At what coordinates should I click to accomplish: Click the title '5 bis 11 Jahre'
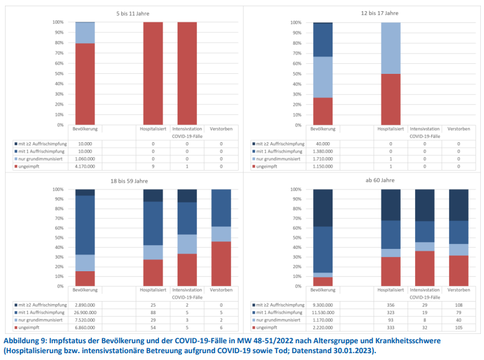coord(132,12)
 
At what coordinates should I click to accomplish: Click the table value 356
coord(391,305)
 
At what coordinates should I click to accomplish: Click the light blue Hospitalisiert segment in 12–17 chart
coord(391,48)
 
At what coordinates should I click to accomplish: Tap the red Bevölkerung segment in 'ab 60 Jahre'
coord(323,281)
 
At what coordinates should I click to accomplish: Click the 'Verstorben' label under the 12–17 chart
coord(459,129)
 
